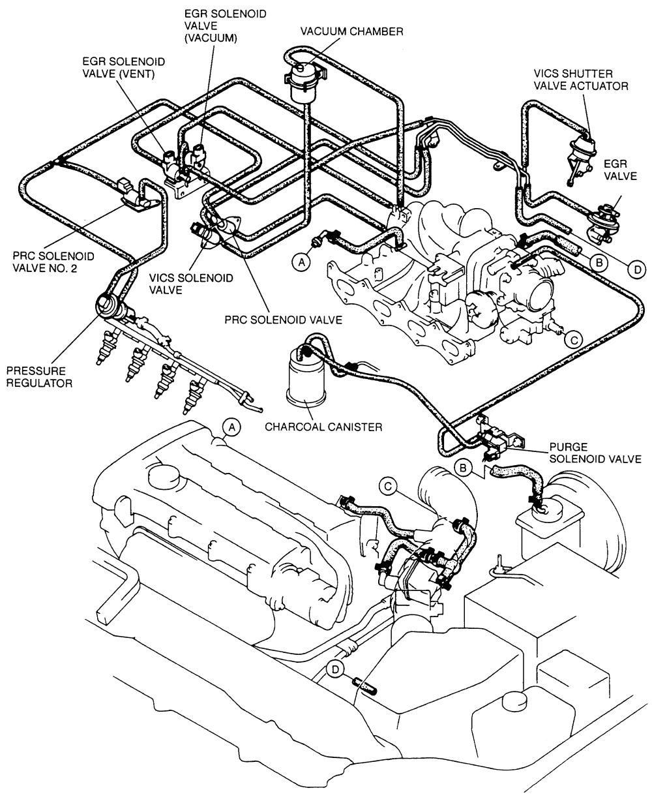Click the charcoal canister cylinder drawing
coord(304,385)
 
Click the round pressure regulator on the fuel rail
coord(106,305)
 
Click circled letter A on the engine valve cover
coord(231,427)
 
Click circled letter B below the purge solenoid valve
coord(464,468)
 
